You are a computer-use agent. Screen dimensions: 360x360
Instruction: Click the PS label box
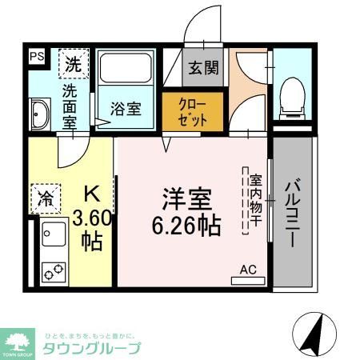(x=37, y=56)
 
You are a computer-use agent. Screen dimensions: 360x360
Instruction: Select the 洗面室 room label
(x=70, y=106)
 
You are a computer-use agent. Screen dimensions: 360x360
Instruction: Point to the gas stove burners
(x=54, y=271)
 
